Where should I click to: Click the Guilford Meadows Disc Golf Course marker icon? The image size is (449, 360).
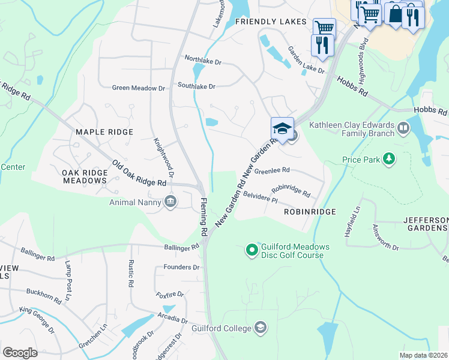252,248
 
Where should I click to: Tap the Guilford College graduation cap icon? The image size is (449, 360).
261,327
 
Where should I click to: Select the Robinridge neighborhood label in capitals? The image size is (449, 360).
309,212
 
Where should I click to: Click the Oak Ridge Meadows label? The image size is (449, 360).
84,176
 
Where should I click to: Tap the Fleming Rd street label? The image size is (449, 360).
203,217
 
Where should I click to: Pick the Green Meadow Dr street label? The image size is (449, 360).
138,88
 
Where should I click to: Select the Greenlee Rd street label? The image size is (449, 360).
272,170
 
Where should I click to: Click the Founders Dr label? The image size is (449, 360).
181,267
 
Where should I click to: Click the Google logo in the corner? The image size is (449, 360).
20,352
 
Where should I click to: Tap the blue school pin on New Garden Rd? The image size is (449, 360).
282,128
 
